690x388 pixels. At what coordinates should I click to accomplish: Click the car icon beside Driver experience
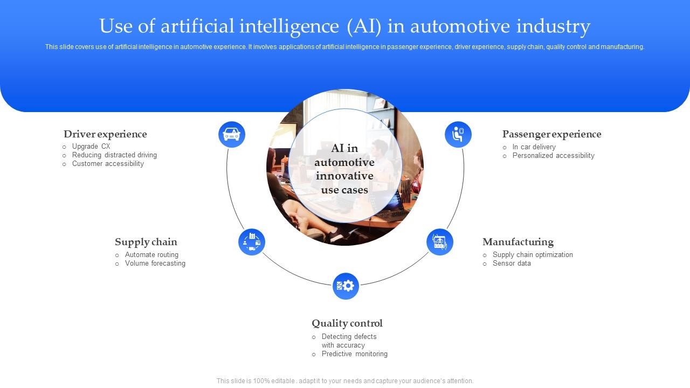pos(232,134)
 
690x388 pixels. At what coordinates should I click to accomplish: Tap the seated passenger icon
pos(458,134)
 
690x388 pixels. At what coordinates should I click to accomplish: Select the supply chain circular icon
pos(252,242)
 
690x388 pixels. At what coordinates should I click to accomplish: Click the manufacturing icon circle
pos(440,242)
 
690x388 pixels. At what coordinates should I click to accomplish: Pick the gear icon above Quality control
pos(346,286)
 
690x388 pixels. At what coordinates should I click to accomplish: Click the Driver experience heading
pos(105,134)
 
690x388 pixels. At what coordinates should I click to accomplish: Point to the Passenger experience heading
pos(551,134)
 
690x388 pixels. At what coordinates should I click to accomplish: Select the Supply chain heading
pos(146,242)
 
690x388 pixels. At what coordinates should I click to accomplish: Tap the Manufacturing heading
pos(518,242)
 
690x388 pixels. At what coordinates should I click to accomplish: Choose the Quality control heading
pos(347,323)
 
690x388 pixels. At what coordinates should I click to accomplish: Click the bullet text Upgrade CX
pos(91,147)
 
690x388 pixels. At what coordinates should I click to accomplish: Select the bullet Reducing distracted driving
pos(114,155)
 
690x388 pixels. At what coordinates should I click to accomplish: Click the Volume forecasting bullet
pos(155,264)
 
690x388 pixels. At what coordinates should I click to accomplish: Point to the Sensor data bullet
pos(512,264)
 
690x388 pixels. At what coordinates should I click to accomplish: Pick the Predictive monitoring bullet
pos(355,354)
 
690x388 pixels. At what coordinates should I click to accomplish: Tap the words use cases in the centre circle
pos(344,190)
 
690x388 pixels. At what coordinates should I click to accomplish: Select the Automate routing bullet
pos(151,255)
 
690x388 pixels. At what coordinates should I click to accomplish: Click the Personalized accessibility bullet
pos(553,156)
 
